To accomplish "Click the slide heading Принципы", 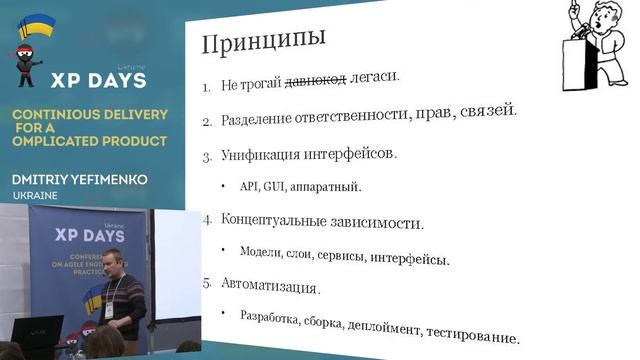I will pyautogui.click(x=263, y=42).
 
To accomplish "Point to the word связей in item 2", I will pyautogui.click(x=484, y=111).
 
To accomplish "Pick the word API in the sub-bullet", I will pyautogui.click(x=249, y=186).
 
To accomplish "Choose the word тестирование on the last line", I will pyautogui.click(x=473, y=335).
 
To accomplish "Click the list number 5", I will pyautogui.click(x=207, y=284).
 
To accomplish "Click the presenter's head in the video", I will pyautogui.click(x=112, y=262).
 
